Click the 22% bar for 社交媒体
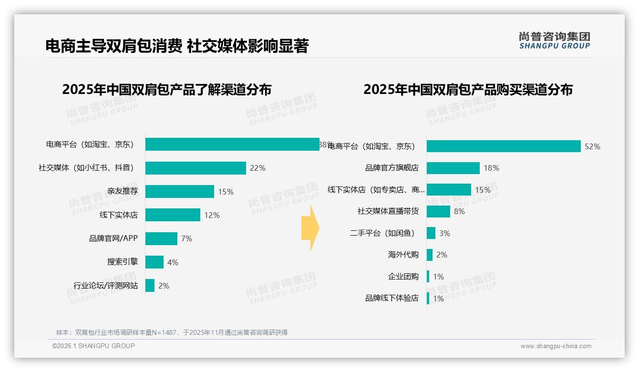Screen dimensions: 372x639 pos(196,168)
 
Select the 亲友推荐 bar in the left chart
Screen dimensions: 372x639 pos(179,192)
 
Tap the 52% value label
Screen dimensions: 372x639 pos(592,146)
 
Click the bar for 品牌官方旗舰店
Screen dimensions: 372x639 pos(453,168)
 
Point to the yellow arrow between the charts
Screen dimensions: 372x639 pos(310,228)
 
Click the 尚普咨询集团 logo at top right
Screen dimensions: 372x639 pos(554,40)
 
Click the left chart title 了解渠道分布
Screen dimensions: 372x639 pos(167,90)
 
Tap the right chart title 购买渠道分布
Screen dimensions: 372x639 pos(468,90)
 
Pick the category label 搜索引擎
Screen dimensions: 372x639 pos(123,262)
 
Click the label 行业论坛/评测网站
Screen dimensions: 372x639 pos(105,286)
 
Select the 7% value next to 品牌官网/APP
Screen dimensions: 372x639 pos(186,238)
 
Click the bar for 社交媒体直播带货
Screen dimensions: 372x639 pos(438,211)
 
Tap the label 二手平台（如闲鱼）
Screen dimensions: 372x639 pos(383,233)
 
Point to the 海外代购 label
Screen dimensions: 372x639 pos(403,255)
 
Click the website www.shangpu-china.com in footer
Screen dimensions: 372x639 pos(556,346)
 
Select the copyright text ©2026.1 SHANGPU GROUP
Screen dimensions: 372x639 pos(93,346)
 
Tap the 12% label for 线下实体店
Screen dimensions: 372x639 pos(212,215)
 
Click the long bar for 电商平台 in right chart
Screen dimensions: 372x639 pos(503,146)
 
